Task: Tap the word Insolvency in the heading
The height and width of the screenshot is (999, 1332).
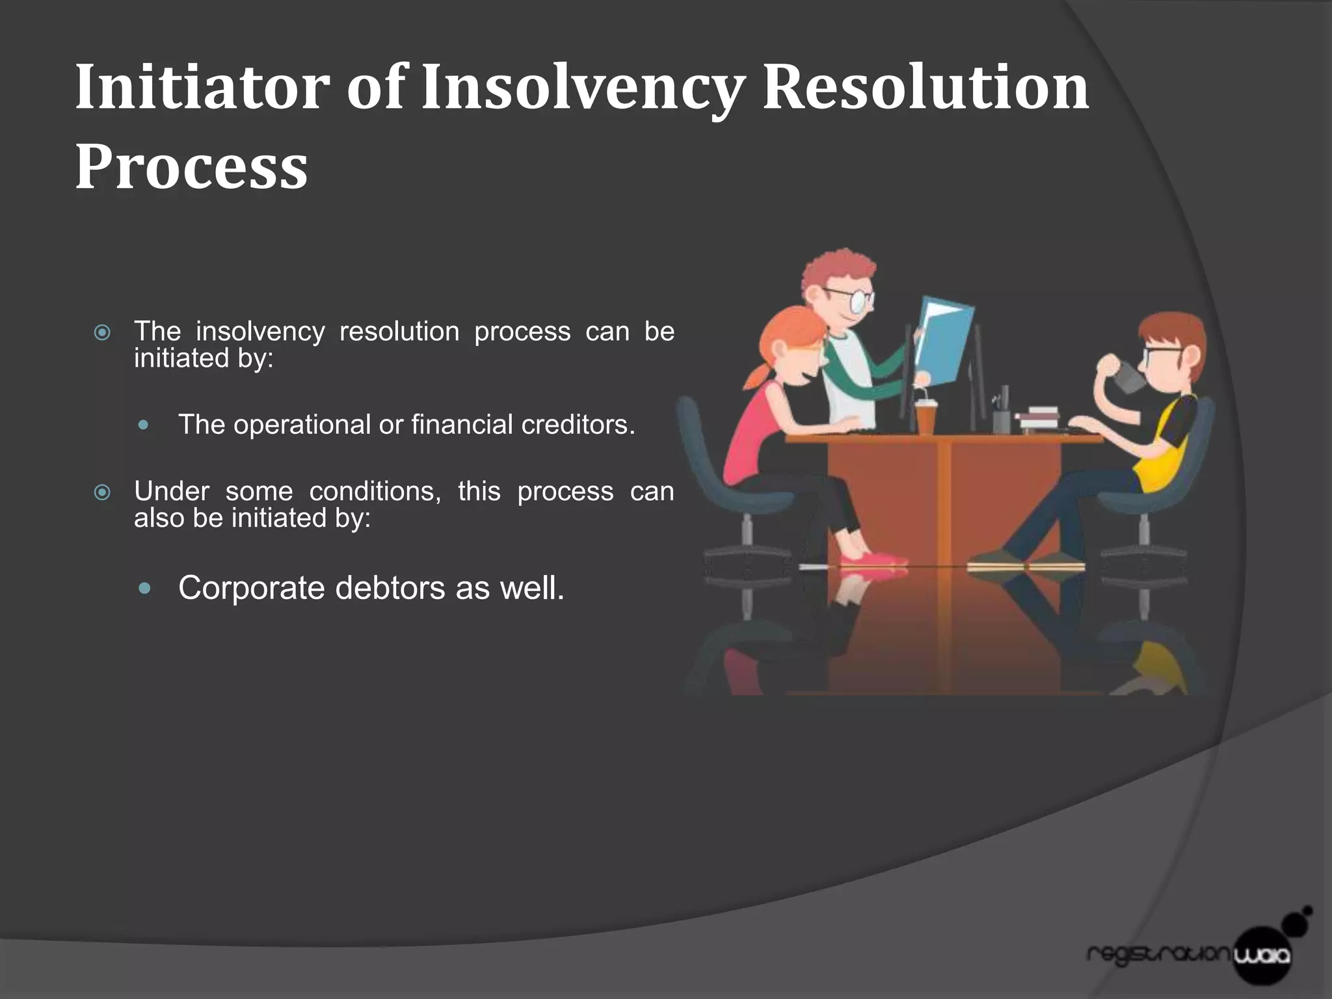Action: coord(582,88)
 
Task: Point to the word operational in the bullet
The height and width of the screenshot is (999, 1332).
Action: coord(302,425)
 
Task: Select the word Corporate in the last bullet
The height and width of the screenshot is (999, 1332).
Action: coord(251,588)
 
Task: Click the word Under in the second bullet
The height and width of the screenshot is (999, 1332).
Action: coord(172,491)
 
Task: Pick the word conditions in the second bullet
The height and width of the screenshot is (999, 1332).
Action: coord(375,491)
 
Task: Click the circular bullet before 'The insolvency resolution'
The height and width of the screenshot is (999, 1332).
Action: coord(102,333)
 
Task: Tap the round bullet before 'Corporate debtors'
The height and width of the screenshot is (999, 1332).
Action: coord(144,589)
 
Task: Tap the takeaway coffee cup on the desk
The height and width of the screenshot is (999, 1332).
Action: coord(925,416)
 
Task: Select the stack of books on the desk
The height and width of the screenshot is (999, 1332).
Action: coord(1039,418)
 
